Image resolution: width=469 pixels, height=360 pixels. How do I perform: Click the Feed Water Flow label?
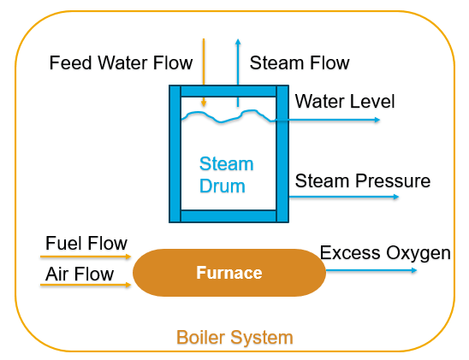pos(121,62)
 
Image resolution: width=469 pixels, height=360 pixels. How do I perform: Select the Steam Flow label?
pos(300,62)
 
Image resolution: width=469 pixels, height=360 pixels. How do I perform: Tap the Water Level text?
pos(345,101)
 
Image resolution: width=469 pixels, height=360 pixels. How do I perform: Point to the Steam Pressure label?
pos(363,180)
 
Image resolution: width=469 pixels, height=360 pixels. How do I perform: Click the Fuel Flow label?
pos(86,243)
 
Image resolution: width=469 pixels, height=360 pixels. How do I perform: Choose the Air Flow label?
pos(80,274)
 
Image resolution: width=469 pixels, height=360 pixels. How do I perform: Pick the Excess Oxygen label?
pos(385,253)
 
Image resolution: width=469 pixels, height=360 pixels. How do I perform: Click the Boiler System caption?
pos(234,338)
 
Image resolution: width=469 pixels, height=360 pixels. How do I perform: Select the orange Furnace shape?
pos(229,273)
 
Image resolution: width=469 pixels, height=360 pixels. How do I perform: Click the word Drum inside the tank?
pos(223,186)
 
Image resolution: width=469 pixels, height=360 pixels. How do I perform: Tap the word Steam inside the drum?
pos(227,163)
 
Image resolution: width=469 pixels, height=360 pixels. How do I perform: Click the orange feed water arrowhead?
pos(204,103)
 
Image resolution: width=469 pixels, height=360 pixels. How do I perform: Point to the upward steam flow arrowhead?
pos(238,42)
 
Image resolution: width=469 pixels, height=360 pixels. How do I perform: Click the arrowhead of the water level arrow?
pos(377,120)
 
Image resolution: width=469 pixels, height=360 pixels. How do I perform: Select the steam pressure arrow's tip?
pos(396,197)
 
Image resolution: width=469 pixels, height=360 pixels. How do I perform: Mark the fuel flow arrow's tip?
pos(128,257)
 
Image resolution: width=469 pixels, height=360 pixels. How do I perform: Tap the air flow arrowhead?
pos(128,285)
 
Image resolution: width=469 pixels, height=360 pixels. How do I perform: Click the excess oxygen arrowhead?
pos(414,270)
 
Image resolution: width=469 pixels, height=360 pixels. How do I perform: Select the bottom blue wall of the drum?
pos(229,216)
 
